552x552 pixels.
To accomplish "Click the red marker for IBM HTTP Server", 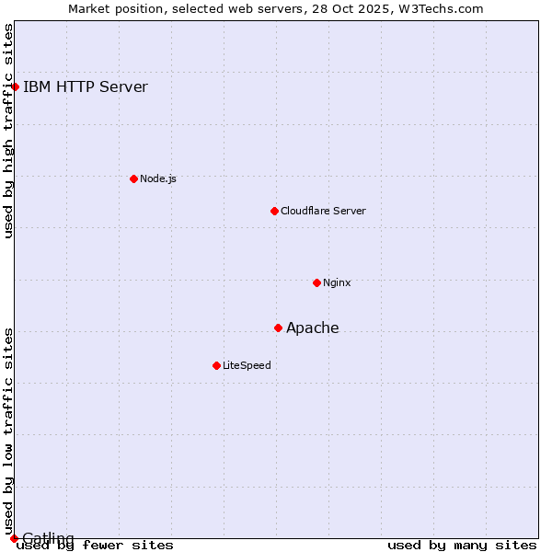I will (16, 87).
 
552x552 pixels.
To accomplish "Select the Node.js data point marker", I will (133, 178).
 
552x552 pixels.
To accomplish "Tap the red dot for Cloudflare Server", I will (274, 211).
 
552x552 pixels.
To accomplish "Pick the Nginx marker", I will (316, 282).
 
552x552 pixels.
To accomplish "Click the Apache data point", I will (278, 328).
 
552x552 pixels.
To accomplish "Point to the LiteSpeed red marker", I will (216, 365).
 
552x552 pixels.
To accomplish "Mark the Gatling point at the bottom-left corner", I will (14, 538).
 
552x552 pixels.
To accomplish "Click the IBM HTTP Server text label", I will (85, 87).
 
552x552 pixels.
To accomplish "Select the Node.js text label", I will (157, 178).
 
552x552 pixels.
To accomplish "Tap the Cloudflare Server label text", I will (323, 211).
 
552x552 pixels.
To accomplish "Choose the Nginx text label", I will (337, 282).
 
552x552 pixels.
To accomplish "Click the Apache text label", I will (313, 328).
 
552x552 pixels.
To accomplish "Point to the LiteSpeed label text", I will (247, 365).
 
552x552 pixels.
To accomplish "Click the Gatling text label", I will (48, 538).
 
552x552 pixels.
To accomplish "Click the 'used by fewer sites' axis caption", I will (96, 546).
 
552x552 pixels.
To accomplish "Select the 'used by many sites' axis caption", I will (462, 546).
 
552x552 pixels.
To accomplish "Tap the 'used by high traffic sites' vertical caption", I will (9, 131).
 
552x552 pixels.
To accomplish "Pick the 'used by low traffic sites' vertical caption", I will (9, 431).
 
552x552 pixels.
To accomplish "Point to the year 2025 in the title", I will (369, 8).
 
